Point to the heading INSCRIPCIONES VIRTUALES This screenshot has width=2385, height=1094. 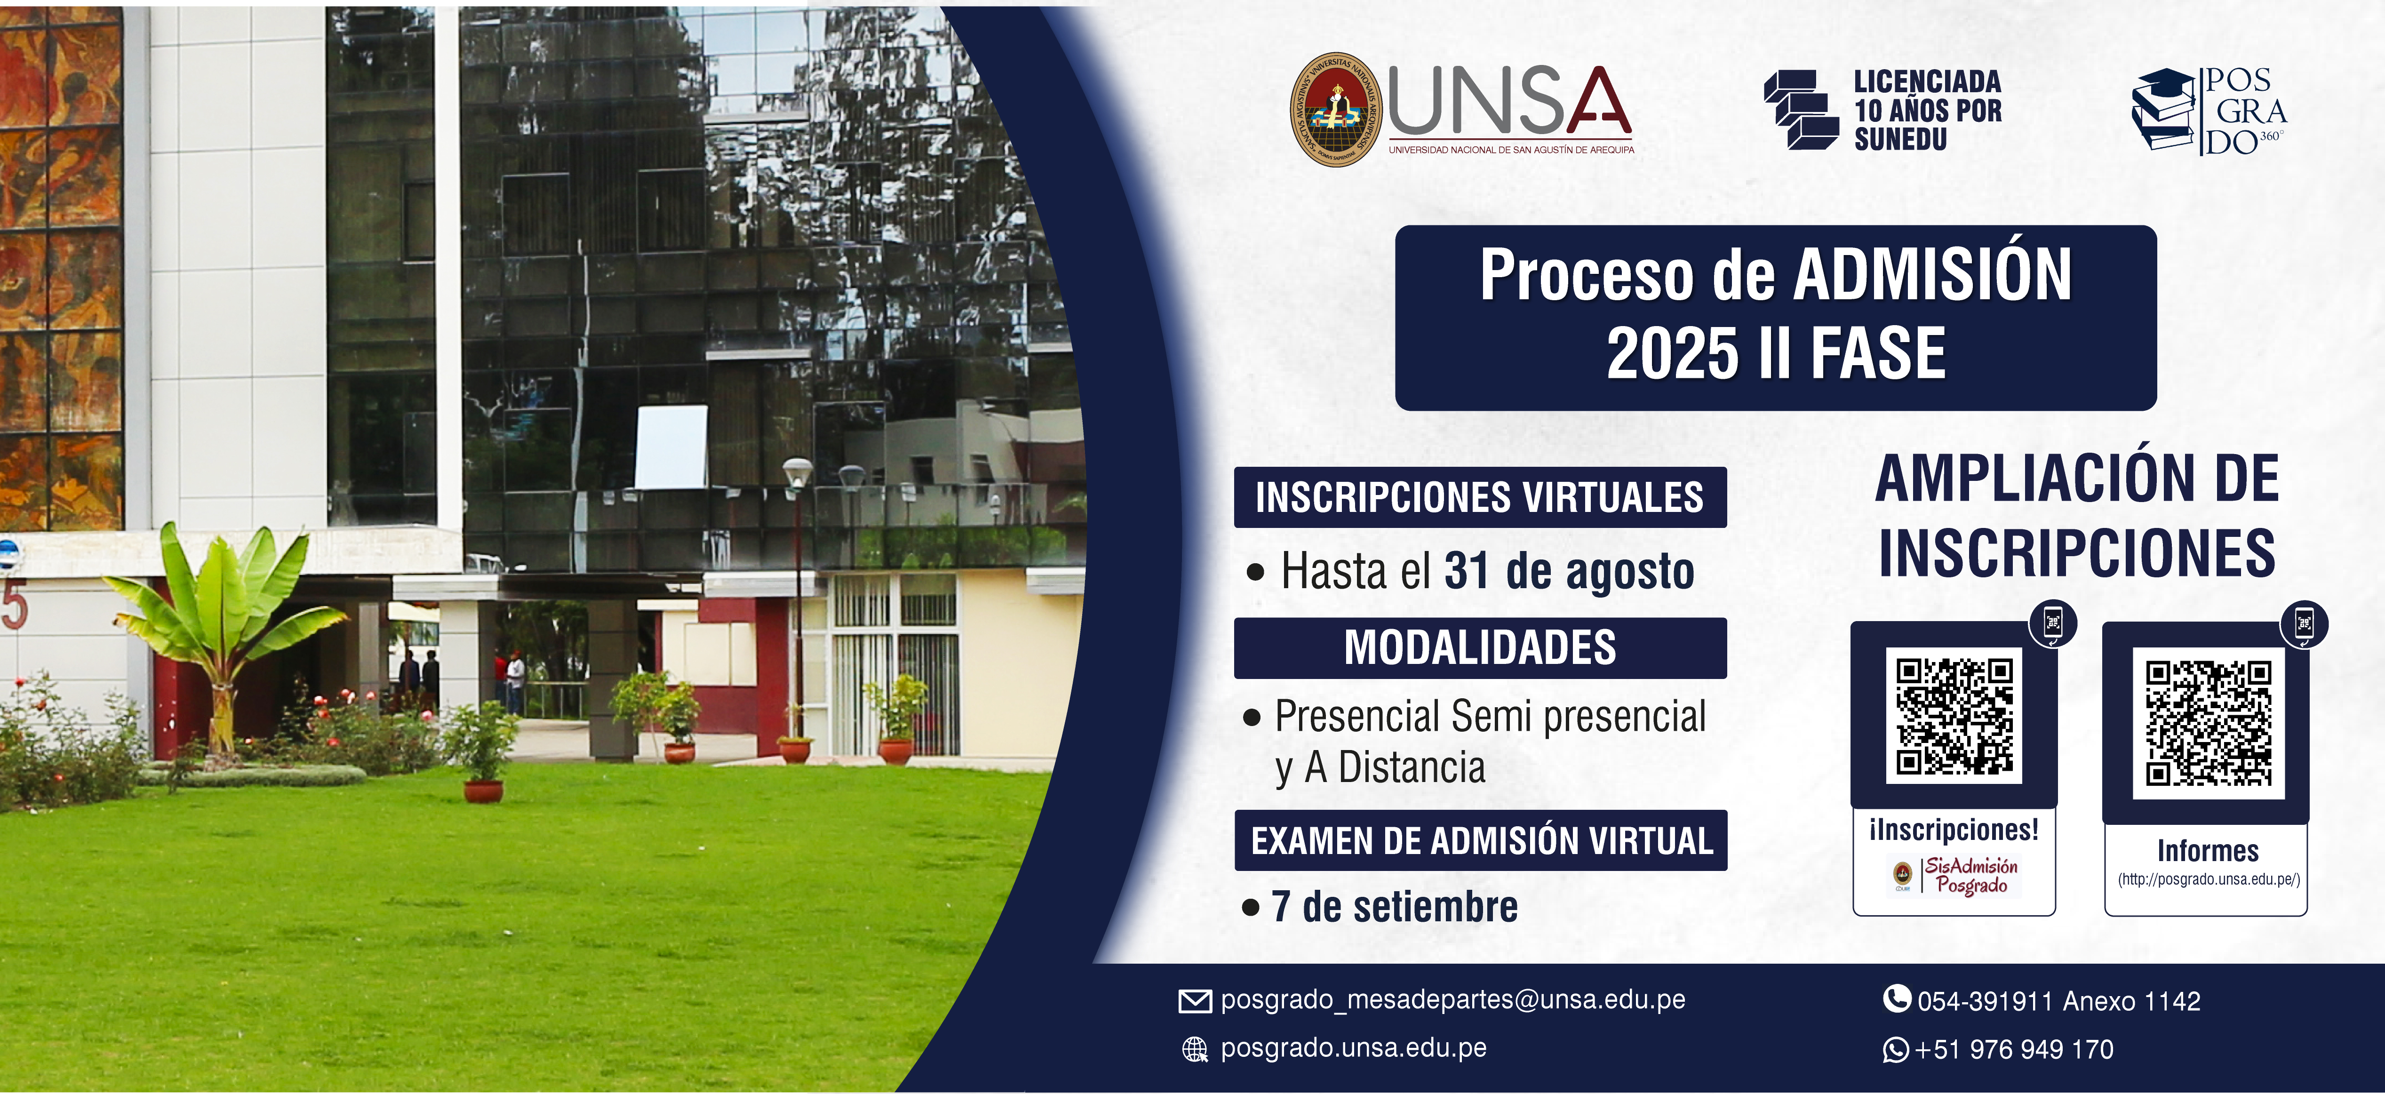(x=1480, y=497)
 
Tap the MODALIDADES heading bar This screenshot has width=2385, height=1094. (x=1480, y=648)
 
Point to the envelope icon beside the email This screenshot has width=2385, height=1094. (x=1194, y=1000)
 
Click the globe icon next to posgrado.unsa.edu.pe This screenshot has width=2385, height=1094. (x=1195, y=1049)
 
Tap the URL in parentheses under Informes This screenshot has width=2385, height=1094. (x=2208, y=879)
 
